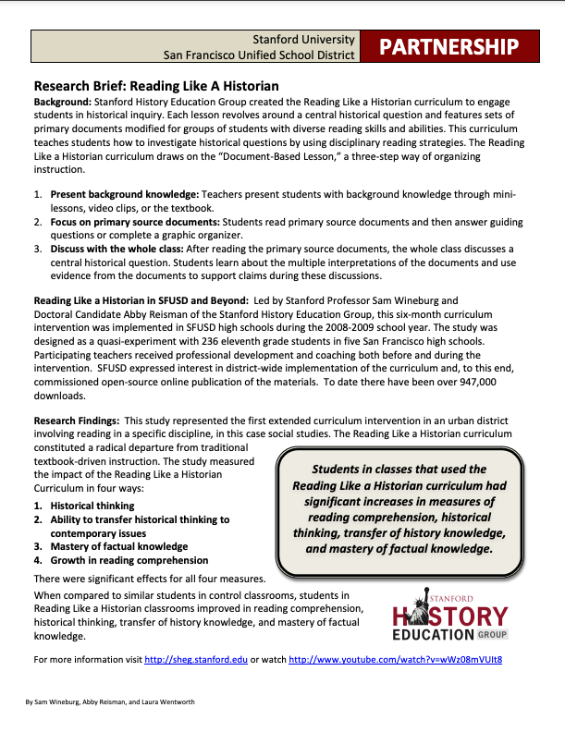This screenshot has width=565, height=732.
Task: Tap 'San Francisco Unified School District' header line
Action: (258, 55)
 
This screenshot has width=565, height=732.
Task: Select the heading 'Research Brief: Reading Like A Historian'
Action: (156, 86)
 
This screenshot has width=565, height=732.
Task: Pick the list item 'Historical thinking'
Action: (92, 506)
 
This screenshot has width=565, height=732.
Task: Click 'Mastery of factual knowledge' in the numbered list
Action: (119, 546)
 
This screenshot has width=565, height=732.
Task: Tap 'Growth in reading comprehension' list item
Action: (129, 560)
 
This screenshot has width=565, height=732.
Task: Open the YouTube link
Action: (395, 660)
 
